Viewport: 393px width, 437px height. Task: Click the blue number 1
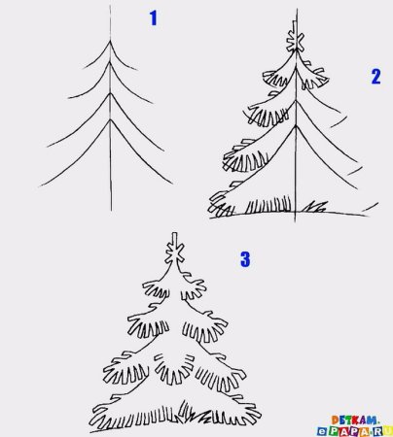(154, 18)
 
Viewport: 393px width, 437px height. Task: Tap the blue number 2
(375, 77)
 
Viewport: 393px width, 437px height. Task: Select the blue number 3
(245, 259)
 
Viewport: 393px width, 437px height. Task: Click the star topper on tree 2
(295, 41)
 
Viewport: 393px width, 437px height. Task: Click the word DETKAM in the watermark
(354, 420)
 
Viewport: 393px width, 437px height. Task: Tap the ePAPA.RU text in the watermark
(354, 431)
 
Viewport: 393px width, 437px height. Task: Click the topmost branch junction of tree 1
(110, 41)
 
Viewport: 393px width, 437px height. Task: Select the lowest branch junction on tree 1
(111, 120)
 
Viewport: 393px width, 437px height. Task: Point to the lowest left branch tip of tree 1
(40, 186)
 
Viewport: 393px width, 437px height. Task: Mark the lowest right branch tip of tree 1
(172, 184)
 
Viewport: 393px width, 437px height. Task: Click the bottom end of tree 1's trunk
(111, 211)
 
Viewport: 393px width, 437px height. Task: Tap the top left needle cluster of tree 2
(275, 78)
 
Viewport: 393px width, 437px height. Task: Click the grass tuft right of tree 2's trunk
(314, 207)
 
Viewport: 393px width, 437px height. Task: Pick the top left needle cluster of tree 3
(156, 289)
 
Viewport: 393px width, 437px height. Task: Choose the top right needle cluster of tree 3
(194, 289)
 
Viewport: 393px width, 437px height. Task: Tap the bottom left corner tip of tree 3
(90, 432)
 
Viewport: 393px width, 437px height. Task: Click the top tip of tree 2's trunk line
(297, 9)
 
